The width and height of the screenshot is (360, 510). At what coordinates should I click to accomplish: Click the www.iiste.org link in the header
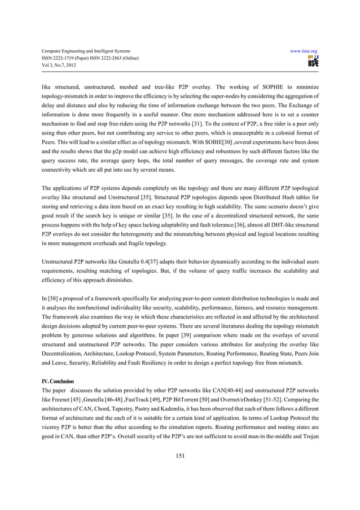[304, 50]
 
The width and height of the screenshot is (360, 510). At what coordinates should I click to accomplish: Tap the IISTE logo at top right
[313, 62]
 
